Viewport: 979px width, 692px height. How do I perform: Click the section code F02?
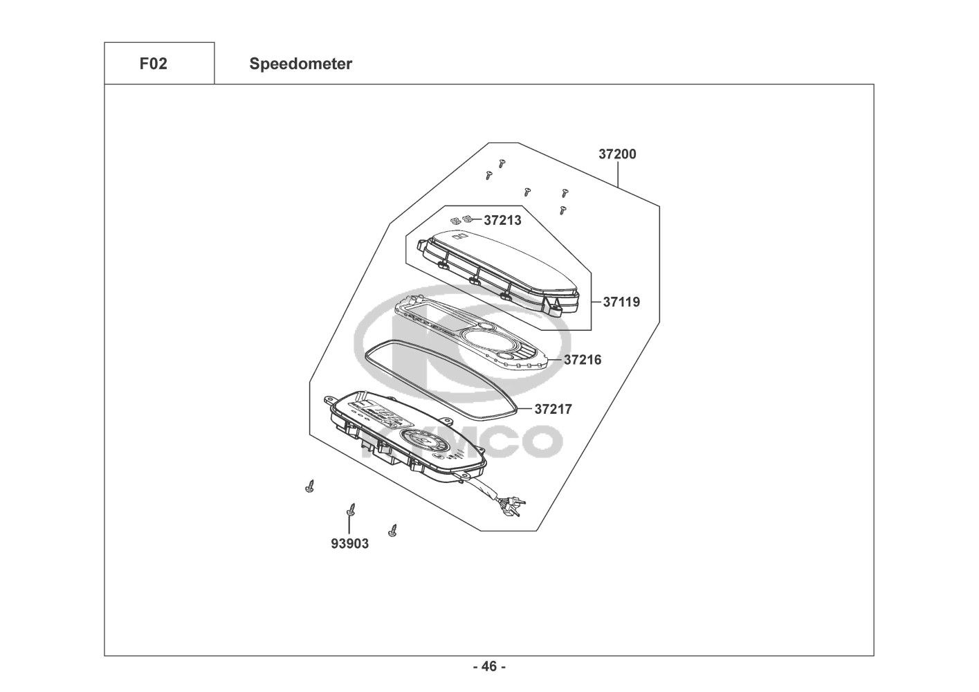coord(153,64)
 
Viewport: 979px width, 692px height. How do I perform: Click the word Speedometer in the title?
coord(300,64)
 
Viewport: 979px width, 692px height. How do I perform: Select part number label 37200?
coord(617,154)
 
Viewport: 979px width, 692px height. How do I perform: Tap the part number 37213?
coord(502,221)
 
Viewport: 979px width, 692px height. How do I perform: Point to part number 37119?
coord(621,302)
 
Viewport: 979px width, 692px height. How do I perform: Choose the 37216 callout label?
coord(583,360)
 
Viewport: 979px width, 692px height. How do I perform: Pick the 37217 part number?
coord(553,409)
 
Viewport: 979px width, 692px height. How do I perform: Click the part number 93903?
coord(349,544)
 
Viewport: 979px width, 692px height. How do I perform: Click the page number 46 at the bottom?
coord(489,666)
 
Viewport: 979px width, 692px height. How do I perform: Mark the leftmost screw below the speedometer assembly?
coord(309,486)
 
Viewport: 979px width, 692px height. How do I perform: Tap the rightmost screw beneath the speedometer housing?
coord(394,530)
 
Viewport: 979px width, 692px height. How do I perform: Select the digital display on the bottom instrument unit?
coord(382,415)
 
